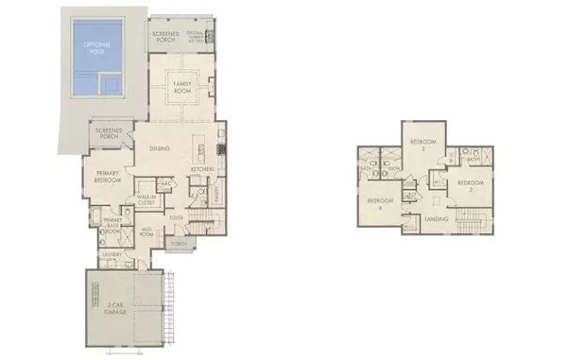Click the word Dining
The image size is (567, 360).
[x=160, y=146]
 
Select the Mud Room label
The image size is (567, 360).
[x=148, y=230]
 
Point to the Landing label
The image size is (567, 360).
[x=437, y=221]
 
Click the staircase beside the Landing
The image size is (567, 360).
[x=472, y=223]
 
